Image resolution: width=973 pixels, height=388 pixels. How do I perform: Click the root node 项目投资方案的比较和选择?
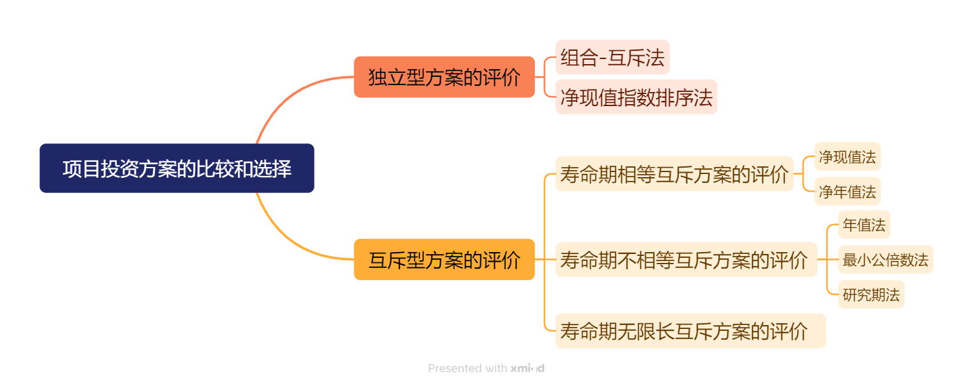coord(177,168)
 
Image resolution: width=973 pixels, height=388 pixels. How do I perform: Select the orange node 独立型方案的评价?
coord(444,77)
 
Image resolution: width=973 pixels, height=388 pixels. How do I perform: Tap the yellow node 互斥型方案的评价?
coord(444,260)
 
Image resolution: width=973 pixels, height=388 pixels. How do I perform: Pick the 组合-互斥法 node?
coord(612,58)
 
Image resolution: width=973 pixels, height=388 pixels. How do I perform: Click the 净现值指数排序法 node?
coord(636,97)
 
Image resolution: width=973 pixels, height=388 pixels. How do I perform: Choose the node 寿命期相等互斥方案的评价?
coord(674,174)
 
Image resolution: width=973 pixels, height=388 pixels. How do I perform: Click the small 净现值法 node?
coord(847,157)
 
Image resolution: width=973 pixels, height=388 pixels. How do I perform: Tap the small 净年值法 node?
coord(847,192)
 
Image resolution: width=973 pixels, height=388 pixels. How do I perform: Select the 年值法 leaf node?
coord(864,225)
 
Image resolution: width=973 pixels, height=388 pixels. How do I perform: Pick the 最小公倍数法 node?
coord(885,260)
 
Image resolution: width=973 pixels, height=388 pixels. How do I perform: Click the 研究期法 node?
coord(871,295)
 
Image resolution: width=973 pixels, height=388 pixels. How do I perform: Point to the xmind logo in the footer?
coord(527,368)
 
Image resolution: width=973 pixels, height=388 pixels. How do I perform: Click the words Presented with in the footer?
coord(467,368)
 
